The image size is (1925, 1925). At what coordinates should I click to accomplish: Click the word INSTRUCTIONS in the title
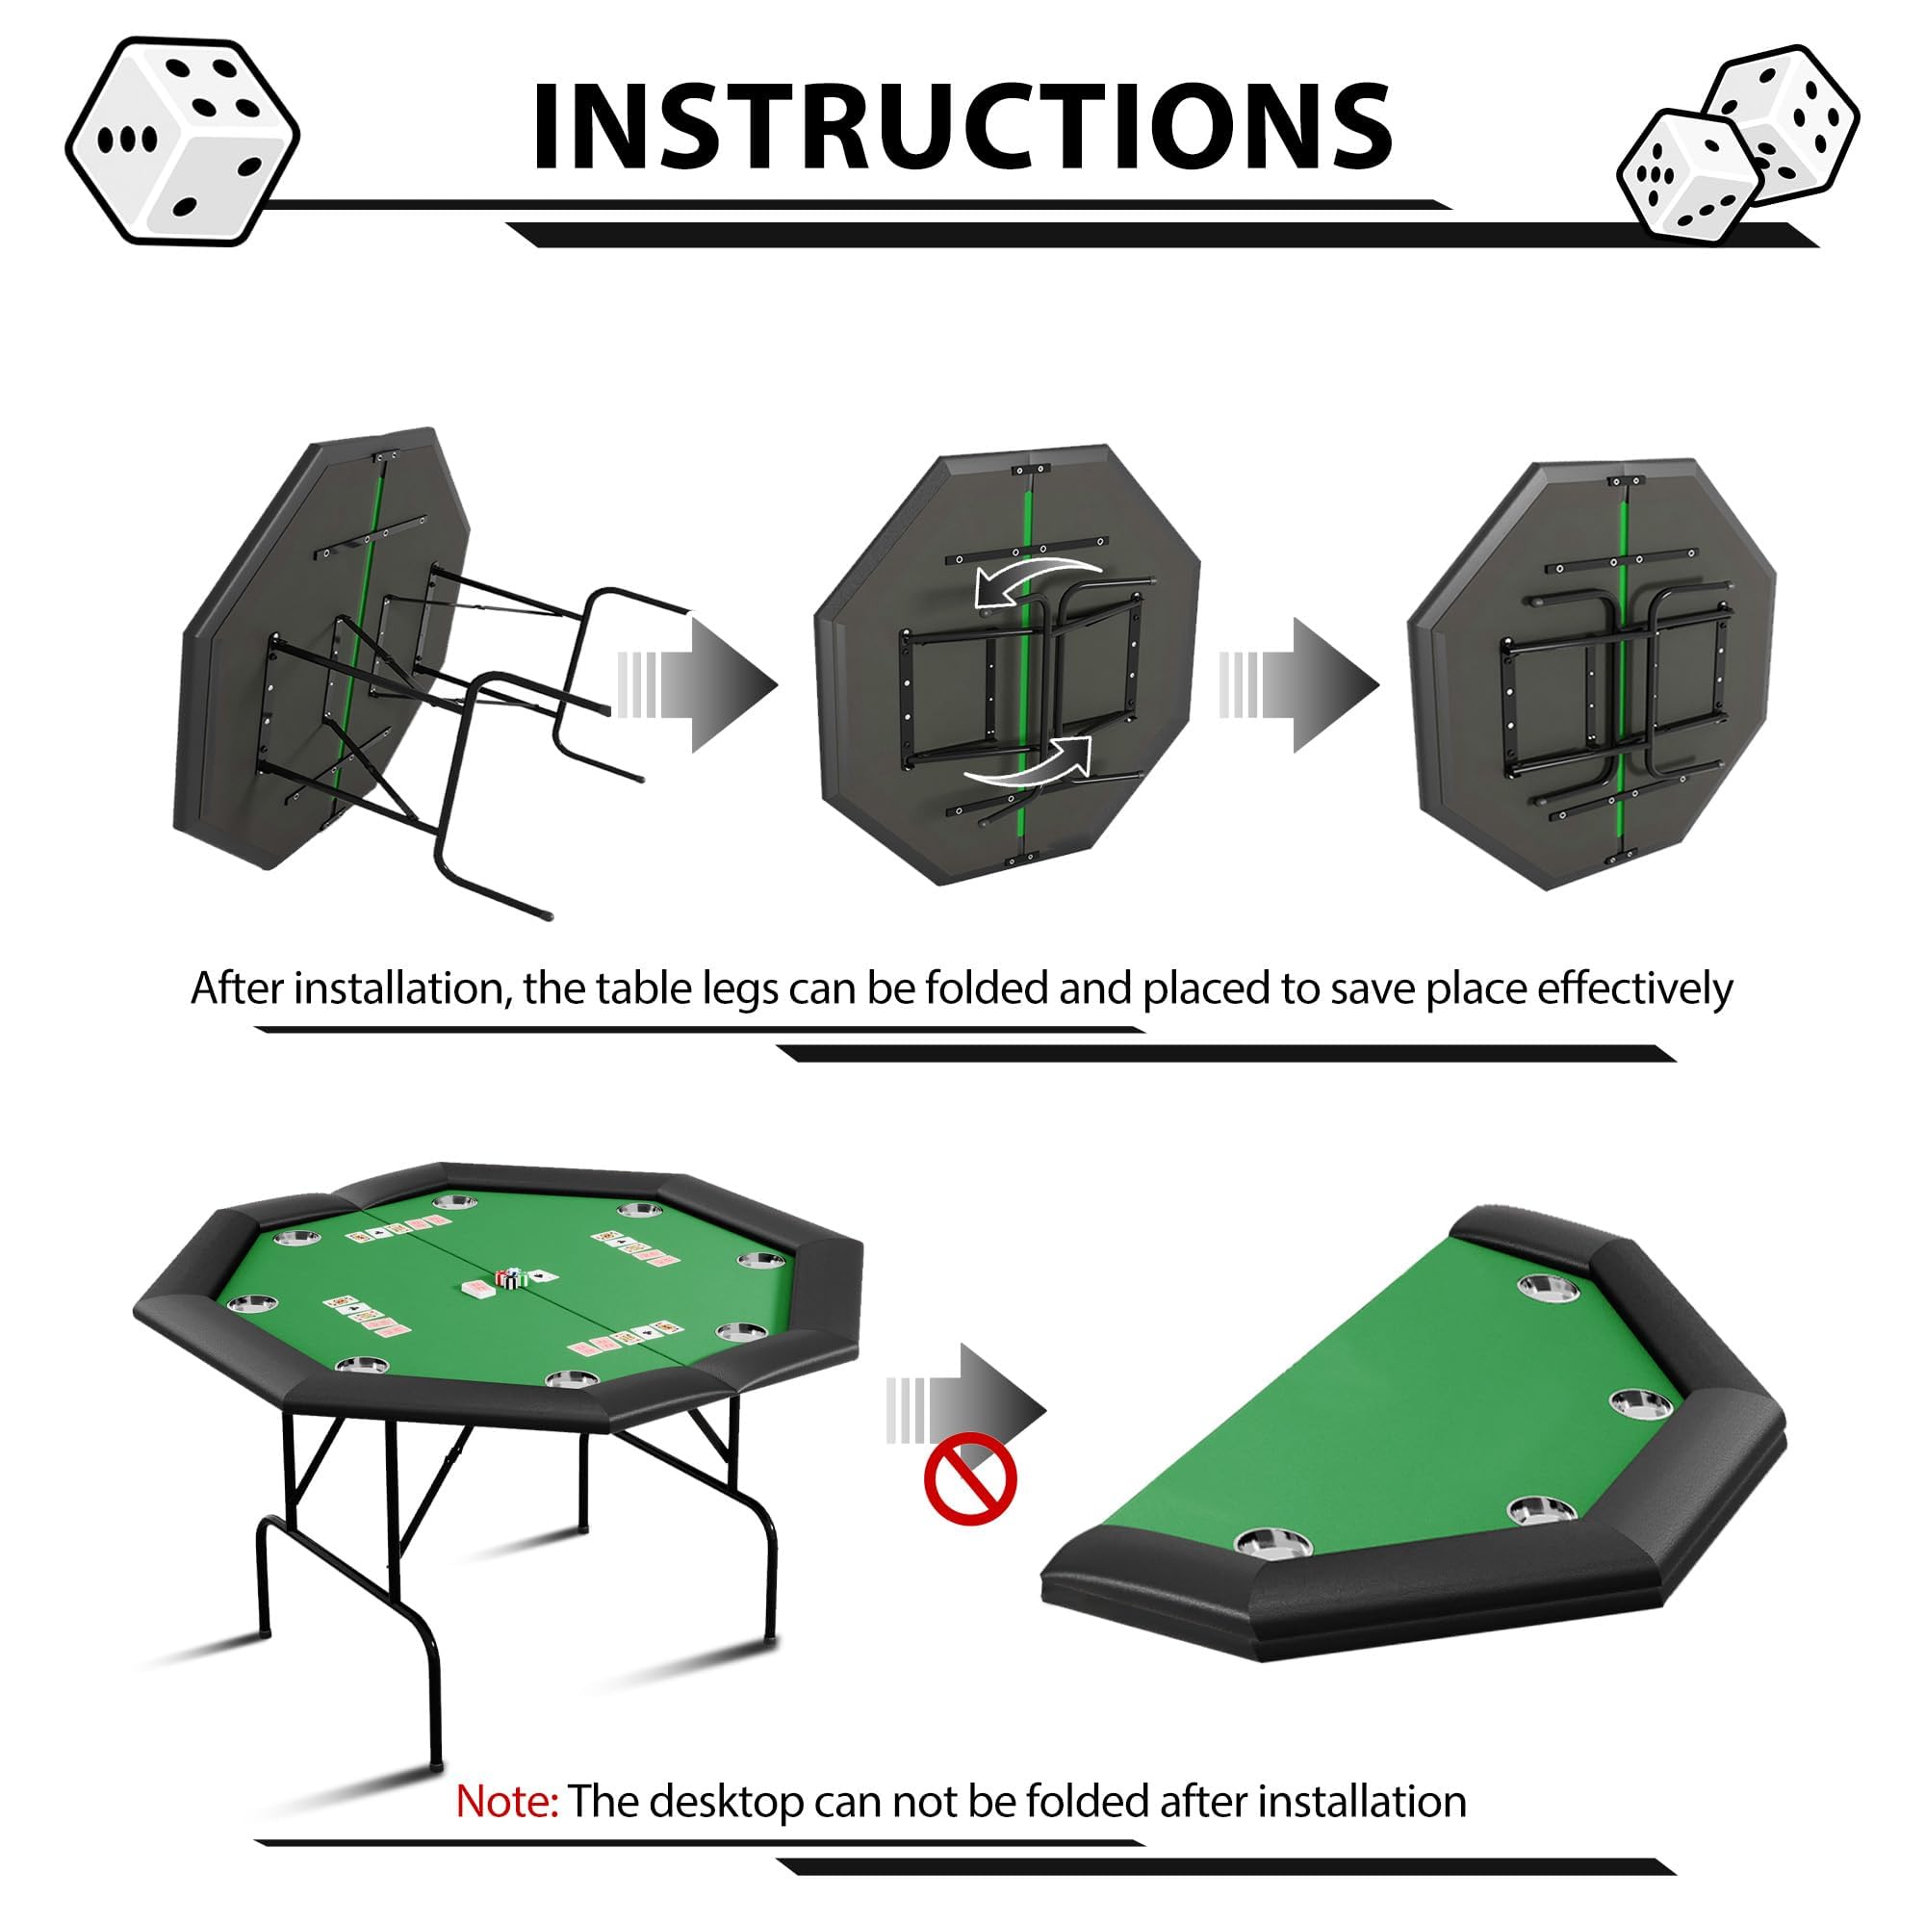(x=962, y=126)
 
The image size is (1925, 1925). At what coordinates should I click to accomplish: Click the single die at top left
(x=182, y=141)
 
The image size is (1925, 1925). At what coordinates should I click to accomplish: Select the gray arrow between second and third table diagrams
(x=1300, y=684)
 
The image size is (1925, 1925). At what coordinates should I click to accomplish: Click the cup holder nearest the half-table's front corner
(x=1272, y=1544)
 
